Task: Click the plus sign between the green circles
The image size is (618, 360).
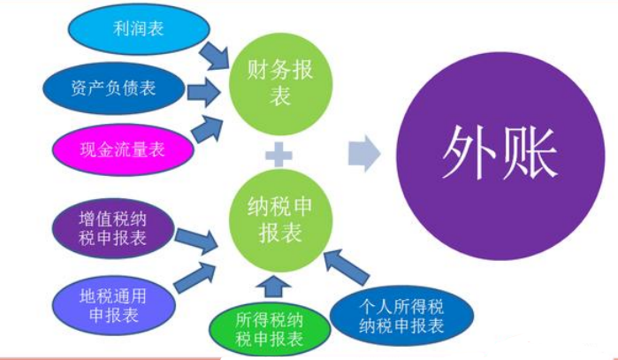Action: click(x=278, y=156)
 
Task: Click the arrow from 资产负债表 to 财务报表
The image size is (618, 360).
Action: click(x=204, y=88)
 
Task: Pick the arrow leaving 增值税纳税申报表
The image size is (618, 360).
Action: click(x=196, y=240)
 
